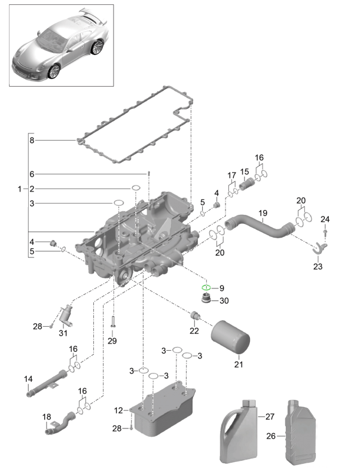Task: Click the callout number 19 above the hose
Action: pos(262,213)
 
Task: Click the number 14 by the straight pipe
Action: pos(28,379)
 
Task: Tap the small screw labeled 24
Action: pos(325,231)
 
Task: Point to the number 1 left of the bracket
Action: pos(21,189)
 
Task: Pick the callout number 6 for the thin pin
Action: pos(32,174)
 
